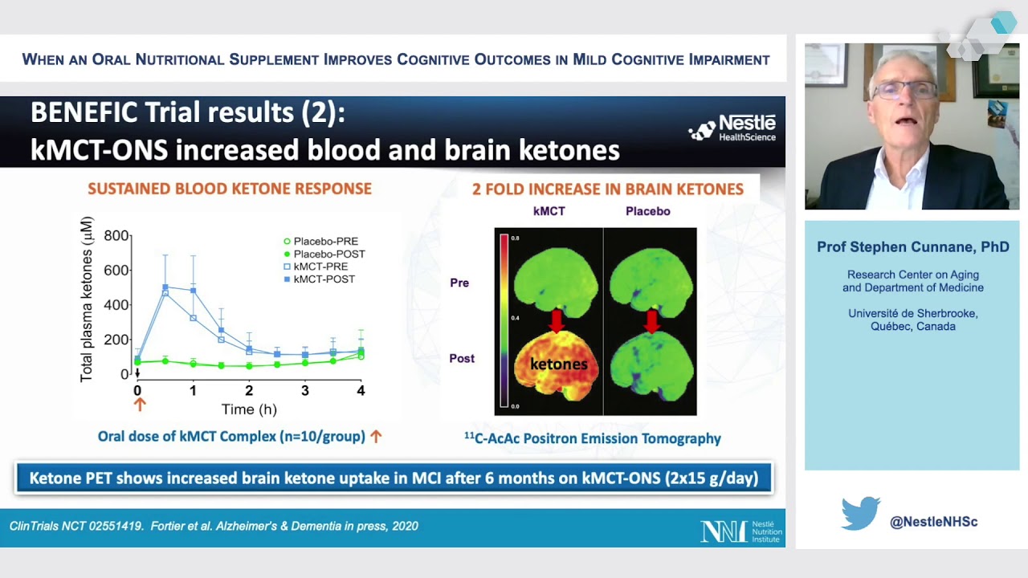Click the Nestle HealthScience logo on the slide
point(732,128)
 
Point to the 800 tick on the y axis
point(116,235)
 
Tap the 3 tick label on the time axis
point(304,391)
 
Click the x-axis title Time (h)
point(249,409)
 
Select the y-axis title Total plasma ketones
point(87,299)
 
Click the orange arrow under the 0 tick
point(139,405)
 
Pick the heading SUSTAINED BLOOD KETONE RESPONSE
point(230,189)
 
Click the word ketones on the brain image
point(559,364)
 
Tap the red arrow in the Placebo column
point(651,321)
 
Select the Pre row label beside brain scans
point(459,283)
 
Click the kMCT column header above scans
point(549,211)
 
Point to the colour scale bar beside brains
point(504,321)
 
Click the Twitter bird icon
point(860,514)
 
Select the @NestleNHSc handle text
point(933,522)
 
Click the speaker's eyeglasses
point(904,90)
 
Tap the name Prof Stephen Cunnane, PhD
point(912,247)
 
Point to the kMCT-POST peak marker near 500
point(165,287)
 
